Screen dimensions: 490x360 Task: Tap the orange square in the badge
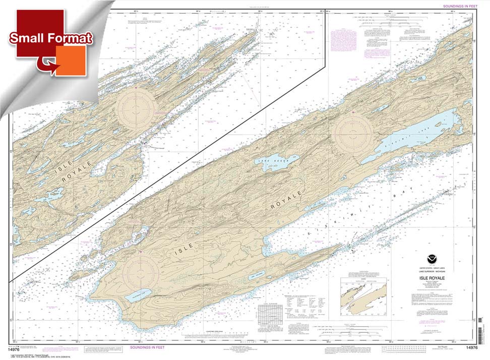(71, 61)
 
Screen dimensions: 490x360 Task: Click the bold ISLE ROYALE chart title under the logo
(426, 277)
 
